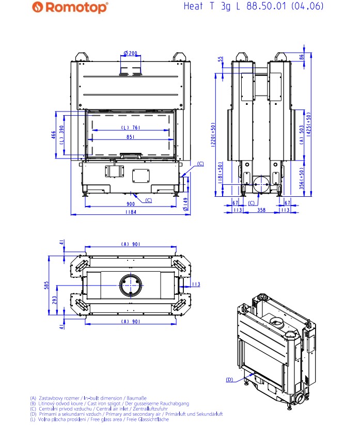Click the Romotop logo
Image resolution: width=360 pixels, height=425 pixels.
70,7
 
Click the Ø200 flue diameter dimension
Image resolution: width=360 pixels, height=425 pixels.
131,53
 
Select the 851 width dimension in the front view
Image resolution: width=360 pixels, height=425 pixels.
131,137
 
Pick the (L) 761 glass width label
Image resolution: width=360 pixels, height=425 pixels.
130,128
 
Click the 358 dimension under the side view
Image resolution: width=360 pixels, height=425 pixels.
262,211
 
